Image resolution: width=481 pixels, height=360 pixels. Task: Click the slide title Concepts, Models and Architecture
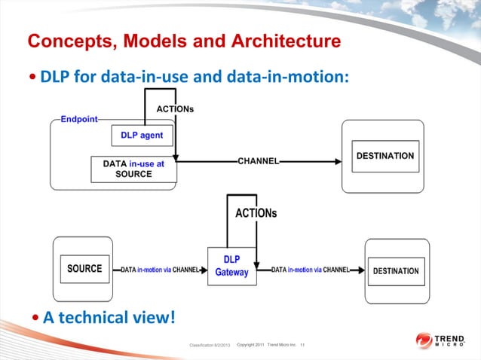coord(184,41)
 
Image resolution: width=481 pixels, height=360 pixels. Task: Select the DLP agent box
coord(142,136)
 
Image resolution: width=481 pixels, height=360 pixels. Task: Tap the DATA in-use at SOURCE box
coord(133,169)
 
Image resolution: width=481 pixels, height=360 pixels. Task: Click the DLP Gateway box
coord(231,265)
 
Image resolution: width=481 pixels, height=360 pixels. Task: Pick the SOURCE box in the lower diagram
coord(84,269)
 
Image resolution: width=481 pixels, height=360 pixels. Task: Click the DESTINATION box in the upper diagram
coord(384,156)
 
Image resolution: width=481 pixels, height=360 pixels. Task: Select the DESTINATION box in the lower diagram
coord(396,270)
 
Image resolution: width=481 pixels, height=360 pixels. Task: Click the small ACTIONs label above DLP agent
coord(175,109)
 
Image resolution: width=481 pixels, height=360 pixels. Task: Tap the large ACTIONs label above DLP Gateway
coord(256,213)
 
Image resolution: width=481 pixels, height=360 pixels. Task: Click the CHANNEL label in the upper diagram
coord(259,161)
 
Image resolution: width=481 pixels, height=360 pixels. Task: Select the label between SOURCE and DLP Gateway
coord(161,269)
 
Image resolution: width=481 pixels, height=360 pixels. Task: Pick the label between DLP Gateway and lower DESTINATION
coord(310,269)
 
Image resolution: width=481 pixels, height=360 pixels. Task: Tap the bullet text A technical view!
coord(109,318)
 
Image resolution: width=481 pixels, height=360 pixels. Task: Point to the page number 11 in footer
coord(302,345)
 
